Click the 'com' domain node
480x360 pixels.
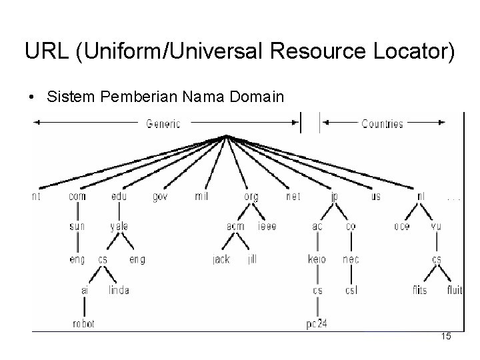coord(77,197)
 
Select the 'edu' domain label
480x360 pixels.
coord(119,197)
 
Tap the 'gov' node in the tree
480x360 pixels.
coord(160,197)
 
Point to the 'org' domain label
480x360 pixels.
coord(251,197)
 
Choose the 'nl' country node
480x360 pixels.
coord(421,197)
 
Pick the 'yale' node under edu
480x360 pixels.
coord(119,227)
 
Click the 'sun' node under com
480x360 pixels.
coord(77,227)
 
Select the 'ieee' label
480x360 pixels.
coord(267,227)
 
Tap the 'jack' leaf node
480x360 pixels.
coord(221,259)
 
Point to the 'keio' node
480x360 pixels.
coord(317,259)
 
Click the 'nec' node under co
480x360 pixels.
coord(351,259)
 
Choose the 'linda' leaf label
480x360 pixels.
coord(119,290)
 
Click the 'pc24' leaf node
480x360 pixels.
coord(317,324)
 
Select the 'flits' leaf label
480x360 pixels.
coord(421,290)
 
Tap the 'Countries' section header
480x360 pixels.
coord(382,123)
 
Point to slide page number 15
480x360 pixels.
coord(446,337)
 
